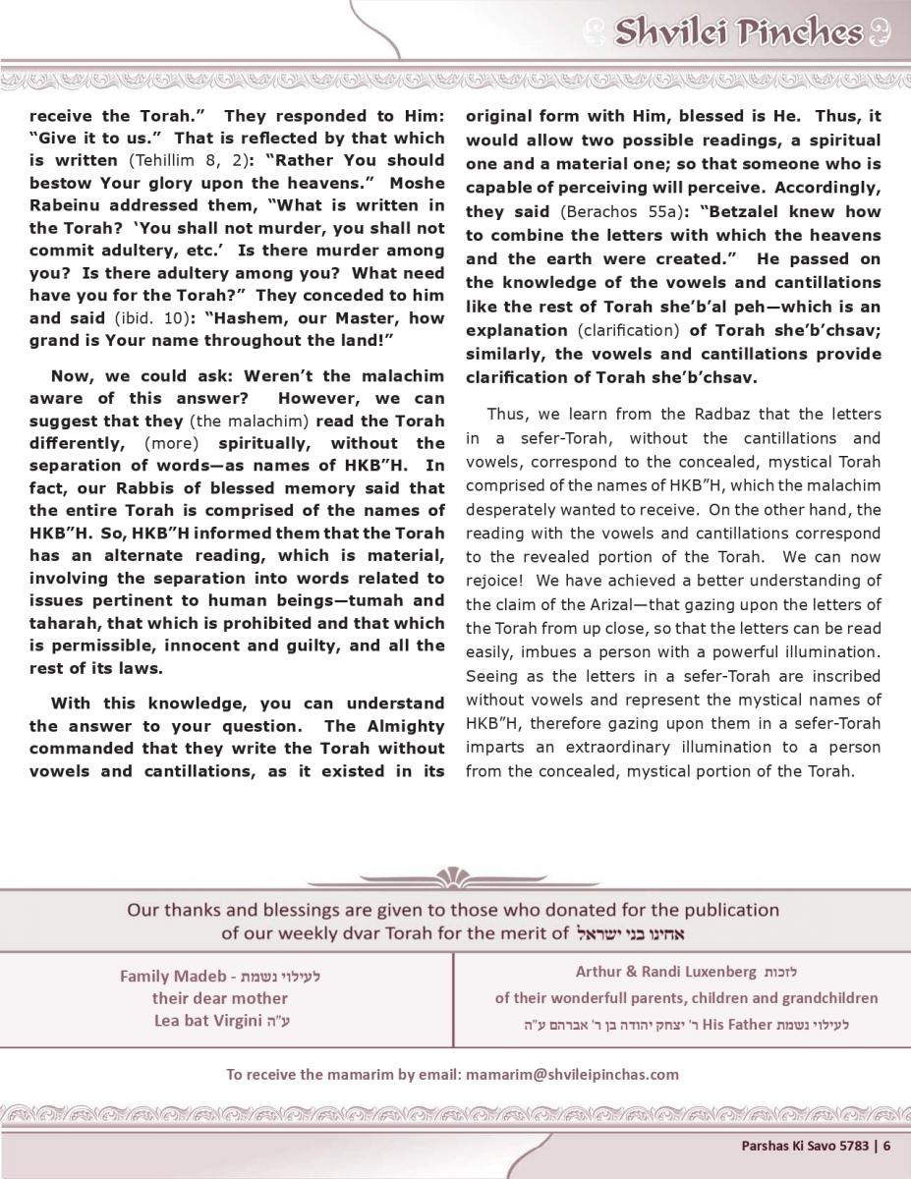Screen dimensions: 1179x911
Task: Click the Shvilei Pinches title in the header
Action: (x=737, y=32)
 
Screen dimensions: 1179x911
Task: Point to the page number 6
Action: (x=886, y=1144)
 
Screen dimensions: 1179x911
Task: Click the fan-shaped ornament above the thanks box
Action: (x=454, y=875)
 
